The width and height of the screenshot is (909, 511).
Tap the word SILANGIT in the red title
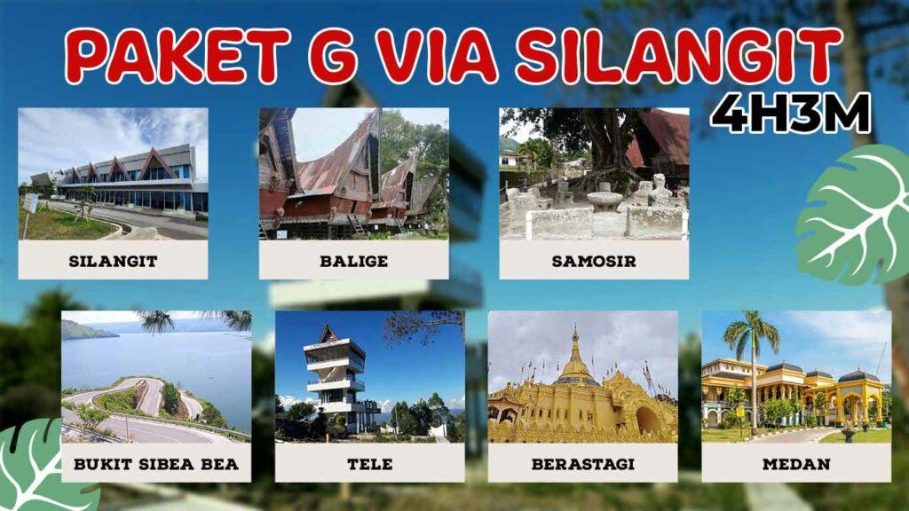tap(678, 56)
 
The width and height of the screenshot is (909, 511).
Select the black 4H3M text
tap(790, 113)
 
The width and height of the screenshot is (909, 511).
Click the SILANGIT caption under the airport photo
tap(113, 261)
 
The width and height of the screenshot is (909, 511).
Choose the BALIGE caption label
tap(353, 261)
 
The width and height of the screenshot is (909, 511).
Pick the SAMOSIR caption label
tap(594, 261)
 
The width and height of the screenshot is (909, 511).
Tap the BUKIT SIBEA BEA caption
tap(156, 464)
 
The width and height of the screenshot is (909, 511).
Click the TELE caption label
tap(369, 464)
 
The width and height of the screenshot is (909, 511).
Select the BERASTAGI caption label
tap(582, 464)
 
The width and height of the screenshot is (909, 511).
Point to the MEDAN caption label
tap(796, 464)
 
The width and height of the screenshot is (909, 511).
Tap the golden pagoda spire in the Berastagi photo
tap(575, 350)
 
